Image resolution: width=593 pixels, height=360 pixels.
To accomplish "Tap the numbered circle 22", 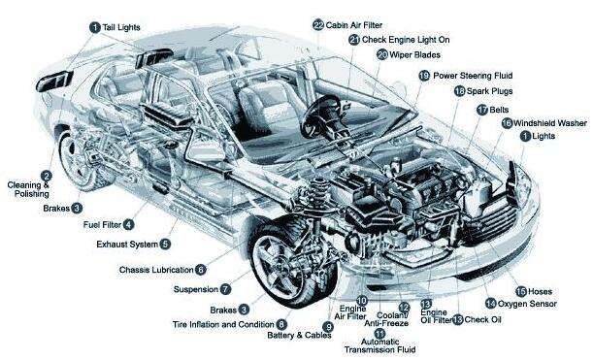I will point(318,23).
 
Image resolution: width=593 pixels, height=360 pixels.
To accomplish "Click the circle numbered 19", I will point(424,75).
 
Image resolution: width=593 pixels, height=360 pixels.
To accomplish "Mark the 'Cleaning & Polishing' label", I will point(27,188).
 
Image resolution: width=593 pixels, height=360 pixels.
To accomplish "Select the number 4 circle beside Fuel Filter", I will point(129,224).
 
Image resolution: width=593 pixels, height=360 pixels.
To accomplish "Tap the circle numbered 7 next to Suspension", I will point(225,288).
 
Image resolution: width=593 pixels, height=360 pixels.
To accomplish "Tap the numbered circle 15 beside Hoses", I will point(520,290).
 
